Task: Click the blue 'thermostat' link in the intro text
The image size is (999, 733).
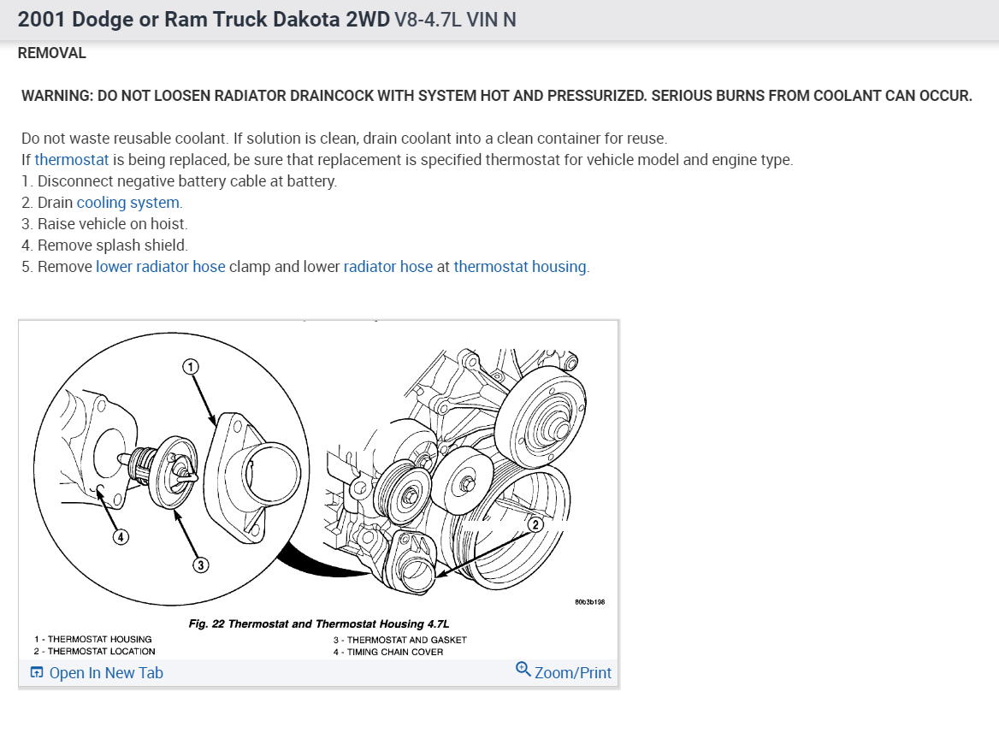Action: pos(72,160)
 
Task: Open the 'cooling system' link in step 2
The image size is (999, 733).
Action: pos(129,203)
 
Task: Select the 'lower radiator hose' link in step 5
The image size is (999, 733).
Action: pos(160,267)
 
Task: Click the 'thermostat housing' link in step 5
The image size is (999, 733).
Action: pos(521,267)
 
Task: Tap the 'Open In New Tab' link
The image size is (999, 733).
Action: pos(105,673)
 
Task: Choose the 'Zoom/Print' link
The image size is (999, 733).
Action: pos(572,673)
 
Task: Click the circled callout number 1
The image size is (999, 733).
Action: pos(191,366)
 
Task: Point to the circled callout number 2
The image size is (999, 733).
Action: pos(535,524)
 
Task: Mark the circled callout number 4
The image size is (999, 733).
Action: pos(121,537)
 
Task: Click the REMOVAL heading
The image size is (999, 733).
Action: pos(52,53)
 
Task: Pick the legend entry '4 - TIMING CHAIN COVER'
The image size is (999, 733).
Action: pos(388,652)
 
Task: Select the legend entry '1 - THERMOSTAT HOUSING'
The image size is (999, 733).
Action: pos(93,639)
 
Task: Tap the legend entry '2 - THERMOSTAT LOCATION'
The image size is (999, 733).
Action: pos(95,652)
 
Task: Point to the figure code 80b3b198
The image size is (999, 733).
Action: pos(590,602)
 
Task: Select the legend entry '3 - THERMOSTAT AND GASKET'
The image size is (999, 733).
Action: pos(400,639)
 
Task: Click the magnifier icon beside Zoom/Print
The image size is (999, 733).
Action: pos(523,669)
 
